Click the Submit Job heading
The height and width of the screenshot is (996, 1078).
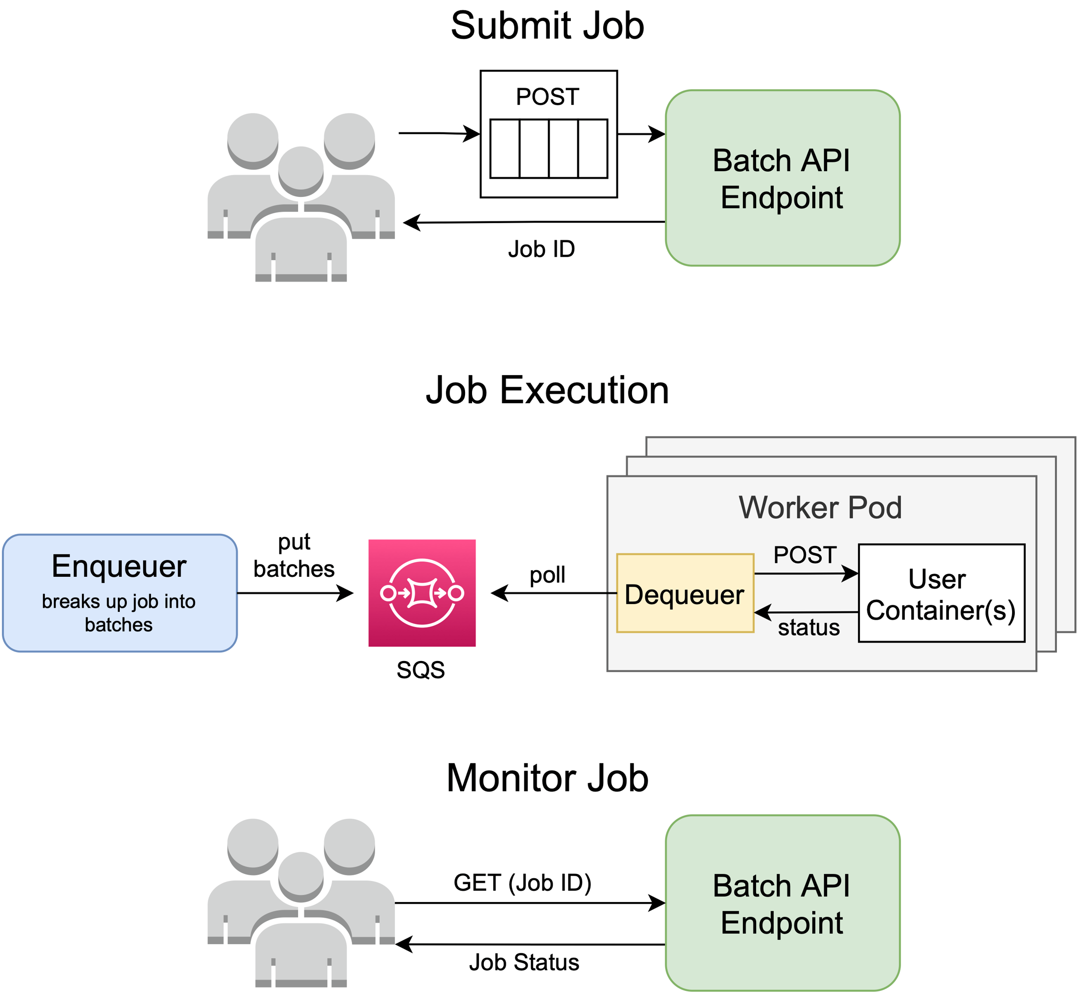click(x=547, y=26)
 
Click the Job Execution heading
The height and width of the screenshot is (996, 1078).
click(x=547, y=390)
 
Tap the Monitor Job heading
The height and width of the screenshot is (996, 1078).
click(x=547, y=778)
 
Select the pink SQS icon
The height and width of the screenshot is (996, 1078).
click(x=422, y=593)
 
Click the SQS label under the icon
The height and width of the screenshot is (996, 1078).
click(x=421, y=670)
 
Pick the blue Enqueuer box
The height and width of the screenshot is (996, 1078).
click(x=120, y=593)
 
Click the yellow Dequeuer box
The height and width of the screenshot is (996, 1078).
click(x=685, y=593)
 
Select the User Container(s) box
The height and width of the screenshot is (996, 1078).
click(x=941, y=593)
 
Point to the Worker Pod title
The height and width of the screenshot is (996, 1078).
click(x=820, y=508)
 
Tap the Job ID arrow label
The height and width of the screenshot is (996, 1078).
click(x=542, y=249)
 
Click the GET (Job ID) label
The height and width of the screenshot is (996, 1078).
click(x=522, y=883)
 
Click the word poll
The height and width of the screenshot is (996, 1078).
click(x=547, y=575)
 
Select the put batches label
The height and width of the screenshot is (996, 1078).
click(x=294, y=556)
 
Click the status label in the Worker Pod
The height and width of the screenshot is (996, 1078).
click(x=808, y=628)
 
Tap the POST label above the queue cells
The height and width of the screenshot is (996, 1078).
click(x=547, y=97)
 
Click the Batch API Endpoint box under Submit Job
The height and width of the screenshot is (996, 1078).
click(x=782, y=178)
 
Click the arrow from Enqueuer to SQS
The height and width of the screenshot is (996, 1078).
click(x=294, y=593)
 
